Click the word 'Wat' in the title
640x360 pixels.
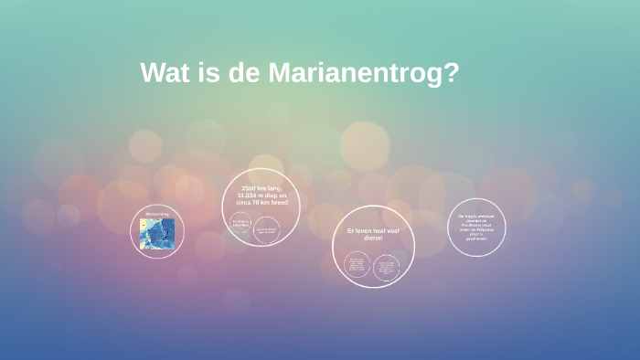click(165, 73)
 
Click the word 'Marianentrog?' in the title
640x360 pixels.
click(363, 73)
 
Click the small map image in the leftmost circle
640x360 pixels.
click(158, 235)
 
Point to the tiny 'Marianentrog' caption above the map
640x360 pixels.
click(158, 215)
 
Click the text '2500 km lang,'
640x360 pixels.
click(261, 188)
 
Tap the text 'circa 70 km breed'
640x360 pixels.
click(261, 203)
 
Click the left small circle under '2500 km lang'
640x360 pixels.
click(241, 225)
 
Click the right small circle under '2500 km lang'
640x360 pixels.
click(269, 230)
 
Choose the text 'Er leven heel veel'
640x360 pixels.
click(373, 231)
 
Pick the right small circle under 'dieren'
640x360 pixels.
click(387, 268)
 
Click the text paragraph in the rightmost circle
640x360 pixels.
click(475, 227)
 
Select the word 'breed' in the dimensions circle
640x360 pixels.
click(278, 203)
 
